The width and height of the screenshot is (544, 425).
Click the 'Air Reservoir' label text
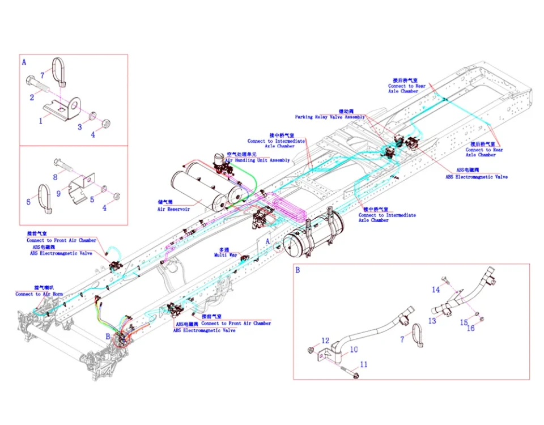173,209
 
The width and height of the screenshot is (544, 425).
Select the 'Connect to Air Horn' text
39,294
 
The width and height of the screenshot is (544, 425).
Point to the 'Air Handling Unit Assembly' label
257,160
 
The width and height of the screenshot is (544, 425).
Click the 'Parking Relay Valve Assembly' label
330,117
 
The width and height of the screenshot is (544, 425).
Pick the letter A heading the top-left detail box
24,62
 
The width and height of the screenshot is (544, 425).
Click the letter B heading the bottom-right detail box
297,270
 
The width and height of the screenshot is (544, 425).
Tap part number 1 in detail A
40,120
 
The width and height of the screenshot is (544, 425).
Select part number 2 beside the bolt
32,97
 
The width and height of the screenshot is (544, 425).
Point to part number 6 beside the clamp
28,201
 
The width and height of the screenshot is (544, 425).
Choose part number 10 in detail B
354,350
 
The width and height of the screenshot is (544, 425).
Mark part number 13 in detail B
432,321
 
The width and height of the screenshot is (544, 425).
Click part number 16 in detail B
470,328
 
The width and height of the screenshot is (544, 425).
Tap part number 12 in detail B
325,341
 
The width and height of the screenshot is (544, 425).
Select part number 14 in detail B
435,290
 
